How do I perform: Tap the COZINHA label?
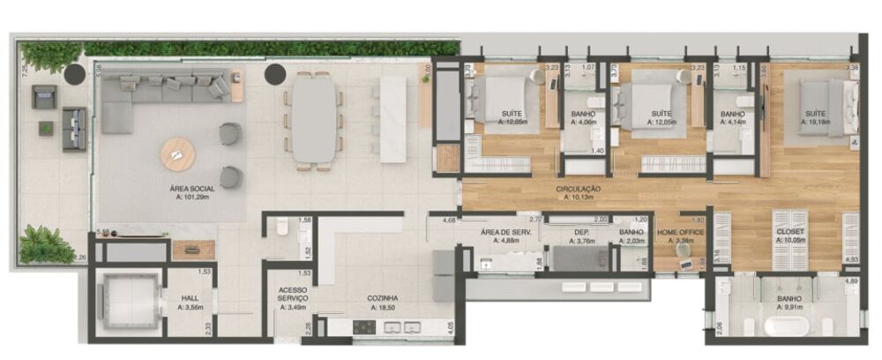384,299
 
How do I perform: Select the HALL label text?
190,299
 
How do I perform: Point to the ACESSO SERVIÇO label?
291,294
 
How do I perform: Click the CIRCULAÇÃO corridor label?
579,189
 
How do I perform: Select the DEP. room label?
581,232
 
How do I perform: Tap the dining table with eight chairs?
314,118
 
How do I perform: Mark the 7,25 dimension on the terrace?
26,68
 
